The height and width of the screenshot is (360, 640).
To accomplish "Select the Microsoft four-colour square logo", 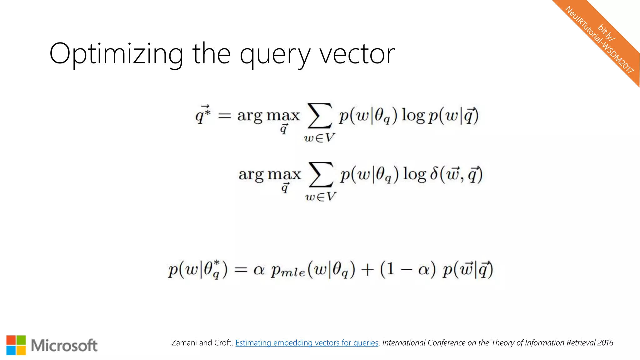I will click(16, 345).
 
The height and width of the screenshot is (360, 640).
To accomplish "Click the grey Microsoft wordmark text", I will click(64, 346).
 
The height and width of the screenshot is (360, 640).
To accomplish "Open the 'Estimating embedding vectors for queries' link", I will click(307, 343).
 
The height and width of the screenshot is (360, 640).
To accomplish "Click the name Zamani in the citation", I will click(184, 343).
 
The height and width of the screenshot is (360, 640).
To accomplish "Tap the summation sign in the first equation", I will click(319, 116).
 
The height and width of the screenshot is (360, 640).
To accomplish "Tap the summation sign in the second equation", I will click(321, 174).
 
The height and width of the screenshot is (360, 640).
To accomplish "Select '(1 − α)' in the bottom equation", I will click(407, 269).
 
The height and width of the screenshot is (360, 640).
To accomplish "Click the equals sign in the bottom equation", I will click(241, 269).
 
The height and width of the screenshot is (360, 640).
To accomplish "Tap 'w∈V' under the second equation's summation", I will click(321, 197).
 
